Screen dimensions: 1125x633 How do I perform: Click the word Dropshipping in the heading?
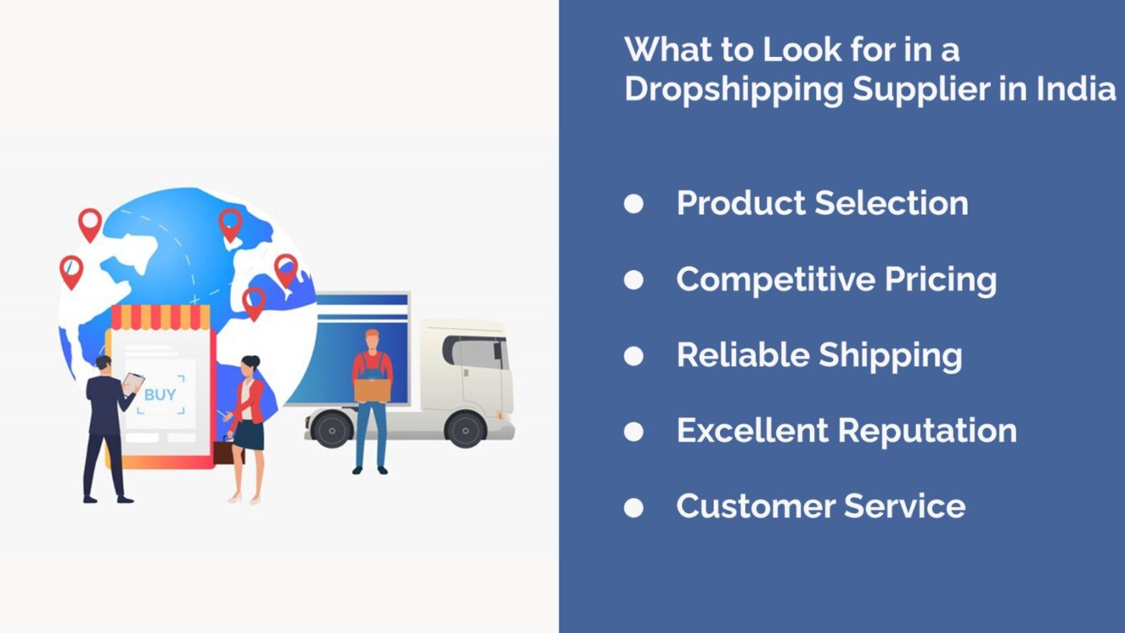734,90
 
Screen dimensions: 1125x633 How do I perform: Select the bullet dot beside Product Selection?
633,204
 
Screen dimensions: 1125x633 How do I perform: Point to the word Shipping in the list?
890,356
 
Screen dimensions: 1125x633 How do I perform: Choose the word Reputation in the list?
927,431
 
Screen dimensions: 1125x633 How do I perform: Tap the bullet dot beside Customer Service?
633,508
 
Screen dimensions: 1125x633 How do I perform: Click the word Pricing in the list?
940,280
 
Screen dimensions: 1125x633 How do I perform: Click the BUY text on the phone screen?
160,394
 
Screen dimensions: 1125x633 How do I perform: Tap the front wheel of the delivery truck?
465,430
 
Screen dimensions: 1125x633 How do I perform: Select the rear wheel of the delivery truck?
332,429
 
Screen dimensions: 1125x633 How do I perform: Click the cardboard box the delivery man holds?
372,390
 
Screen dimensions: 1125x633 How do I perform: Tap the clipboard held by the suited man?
133,383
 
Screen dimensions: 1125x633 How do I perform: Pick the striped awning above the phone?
161,317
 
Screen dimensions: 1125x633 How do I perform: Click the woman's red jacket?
250,401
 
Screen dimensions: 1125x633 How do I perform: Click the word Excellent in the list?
752,431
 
